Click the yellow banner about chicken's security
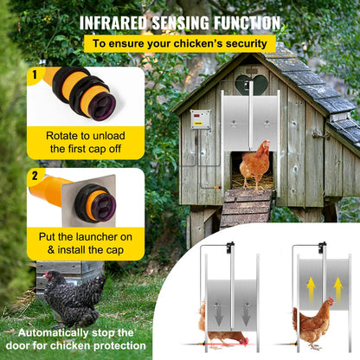180,42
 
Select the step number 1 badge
34,74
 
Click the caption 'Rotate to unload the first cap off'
86,141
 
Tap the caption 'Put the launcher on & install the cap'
86,241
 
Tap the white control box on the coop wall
201,119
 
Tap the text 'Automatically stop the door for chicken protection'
77,338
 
